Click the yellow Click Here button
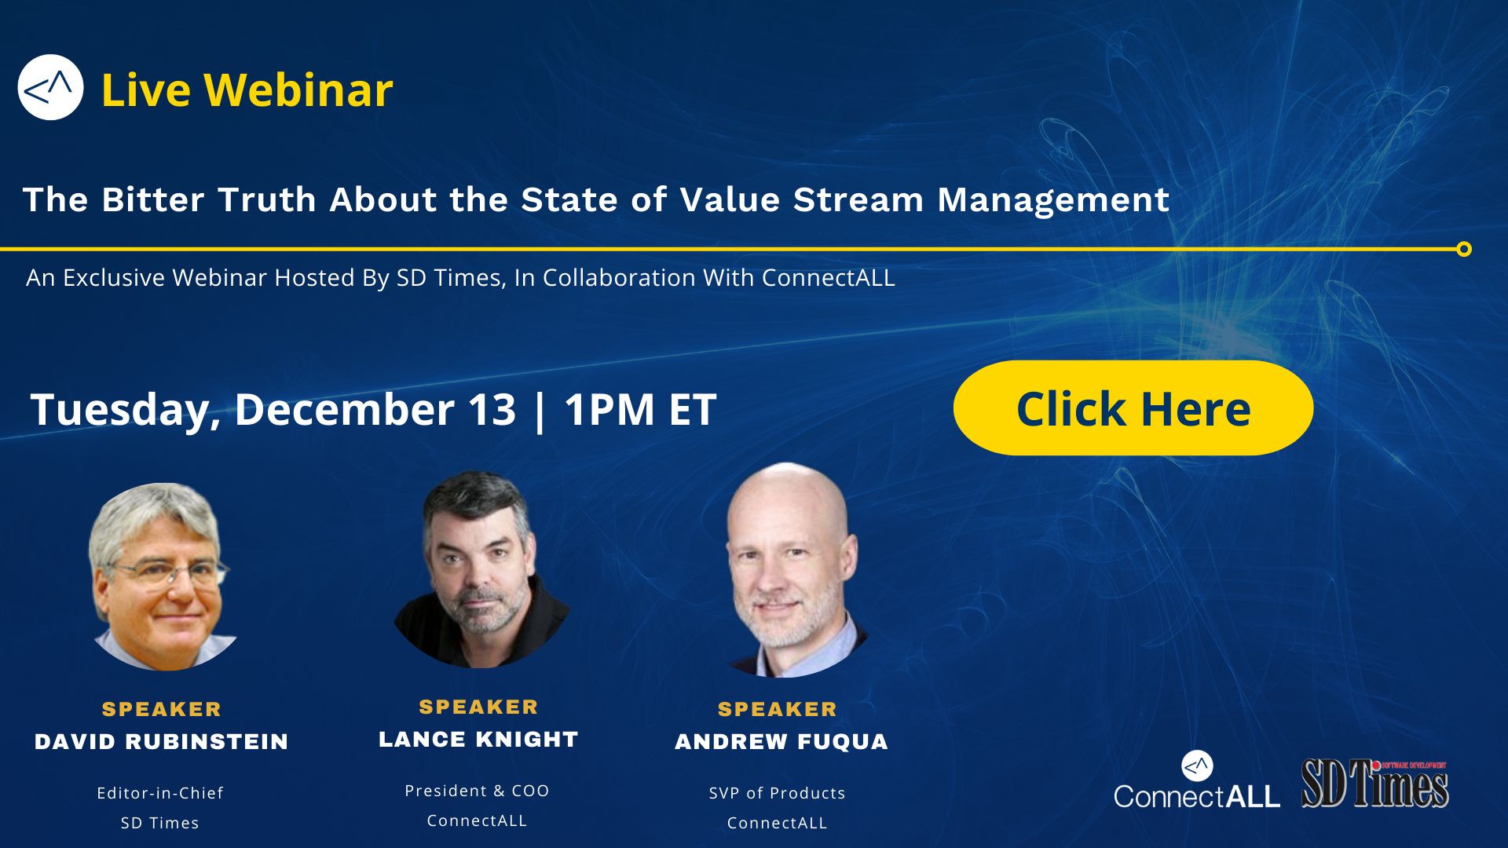coord(1133,408)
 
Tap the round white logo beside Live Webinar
coord(50,87)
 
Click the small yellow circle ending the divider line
coord(1464,249)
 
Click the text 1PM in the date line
coord(609,409)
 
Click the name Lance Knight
coord(478,740)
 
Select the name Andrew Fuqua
coord(781,742)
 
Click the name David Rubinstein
coord(162,742)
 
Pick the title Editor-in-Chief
coord(160,793)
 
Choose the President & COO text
coord(477,791)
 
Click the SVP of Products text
coord(778,793)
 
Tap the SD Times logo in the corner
coord(1375,783)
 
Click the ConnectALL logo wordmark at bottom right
coord(1197,796)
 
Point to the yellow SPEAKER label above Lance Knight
coord(478,707)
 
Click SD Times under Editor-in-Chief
coord(160,823)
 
